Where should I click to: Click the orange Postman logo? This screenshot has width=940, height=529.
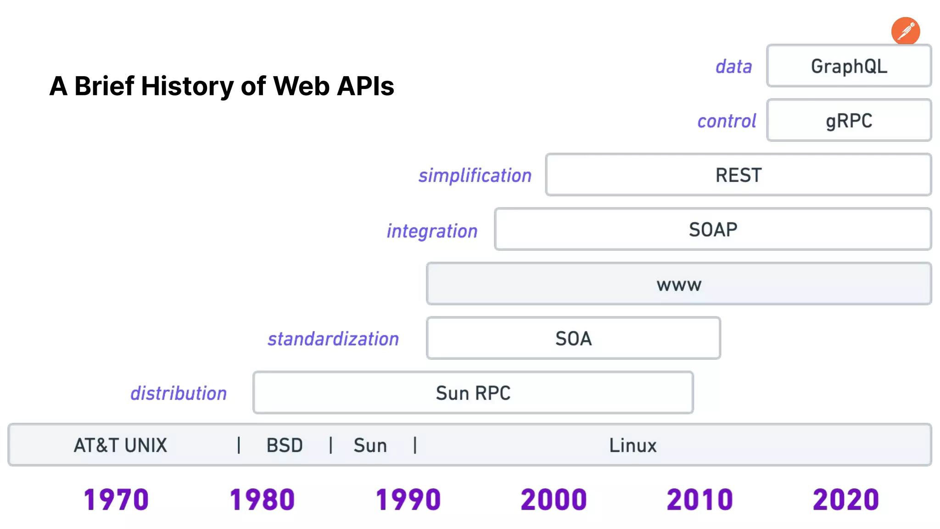tap(905, 31)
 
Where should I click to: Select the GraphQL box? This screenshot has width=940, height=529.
tap(849, 66)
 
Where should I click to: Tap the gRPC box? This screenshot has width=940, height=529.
tap(849, 120)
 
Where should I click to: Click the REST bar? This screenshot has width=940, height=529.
tap(738, 175)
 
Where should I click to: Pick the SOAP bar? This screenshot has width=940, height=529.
tap(712, 229)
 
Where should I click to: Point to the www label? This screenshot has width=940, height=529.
tap(679, 285)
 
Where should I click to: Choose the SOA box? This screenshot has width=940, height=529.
tap(573, 338)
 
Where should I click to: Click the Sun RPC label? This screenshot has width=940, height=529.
tap(473, 393)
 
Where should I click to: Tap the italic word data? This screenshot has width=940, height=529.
tap(733, 67)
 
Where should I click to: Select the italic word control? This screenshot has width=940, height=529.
tap(726, 121)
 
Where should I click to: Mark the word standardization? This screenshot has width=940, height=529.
tap(333, 339)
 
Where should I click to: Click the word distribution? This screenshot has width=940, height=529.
tap(179, 394)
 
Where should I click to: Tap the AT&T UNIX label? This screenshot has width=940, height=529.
tap(120, 445)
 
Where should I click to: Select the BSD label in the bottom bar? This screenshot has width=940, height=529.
tap(285, 445)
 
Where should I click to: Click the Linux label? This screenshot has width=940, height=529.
tap(632, 445)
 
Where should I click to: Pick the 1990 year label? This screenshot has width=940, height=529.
tap(408, 500)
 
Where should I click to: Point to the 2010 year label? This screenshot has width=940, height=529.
tap(699, 500)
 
